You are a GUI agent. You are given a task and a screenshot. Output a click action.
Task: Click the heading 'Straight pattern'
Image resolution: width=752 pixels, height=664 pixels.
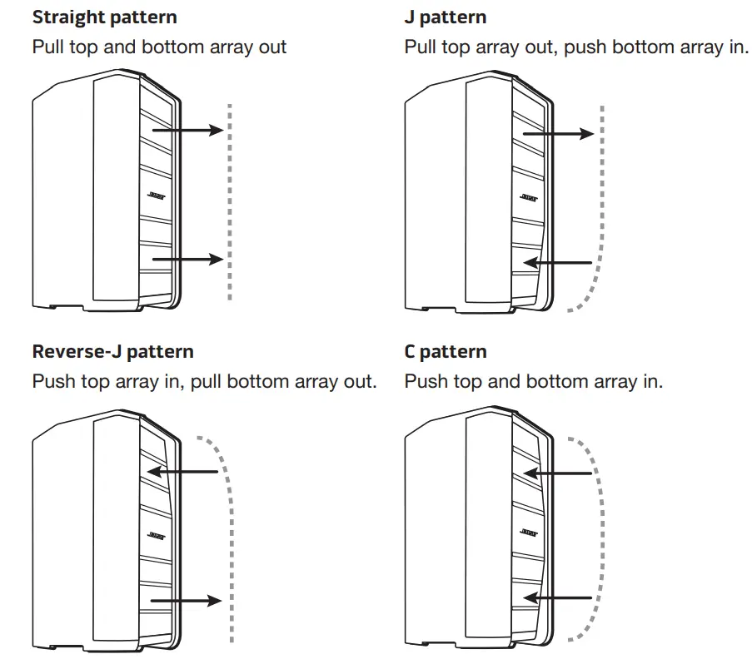104,17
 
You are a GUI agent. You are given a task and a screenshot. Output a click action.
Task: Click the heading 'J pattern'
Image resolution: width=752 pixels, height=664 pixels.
445,17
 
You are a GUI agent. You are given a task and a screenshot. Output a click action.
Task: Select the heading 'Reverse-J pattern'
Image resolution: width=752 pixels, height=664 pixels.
112,351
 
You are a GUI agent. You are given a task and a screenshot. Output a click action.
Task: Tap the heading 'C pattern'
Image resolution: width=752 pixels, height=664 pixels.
445,351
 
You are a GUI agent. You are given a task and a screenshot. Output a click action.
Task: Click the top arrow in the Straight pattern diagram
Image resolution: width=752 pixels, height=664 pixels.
187,130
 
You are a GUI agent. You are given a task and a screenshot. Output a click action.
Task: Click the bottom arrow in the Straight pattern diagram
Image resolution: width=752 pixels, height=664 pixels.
187,260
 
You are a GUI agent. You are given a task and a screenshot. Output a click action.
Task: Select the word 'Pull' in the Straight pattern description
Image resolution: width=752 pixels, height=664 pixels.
48,47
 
